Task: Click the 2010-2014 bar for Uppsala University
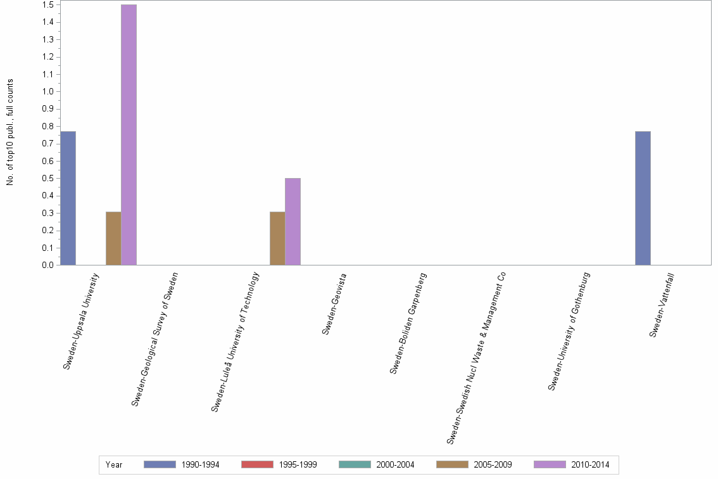pyautogui.click(x=129, y=135)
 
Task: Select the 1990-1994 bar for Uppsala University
pyautogui.click(x=68, y=198)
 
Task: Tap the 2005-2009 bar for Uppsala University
pyautogui.click(x=113, y=238)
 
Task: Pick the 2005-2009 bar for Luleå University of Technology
pyautogui.click(x=277, y=238)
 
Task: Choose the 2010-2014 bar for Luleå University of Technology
pyautogui.click(x=293, y=222)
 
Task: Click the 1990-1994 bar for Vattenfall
pyautogui.click(x=643, y=198)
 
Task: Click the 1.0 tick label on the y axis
pyautogui.click(x=47, y=92)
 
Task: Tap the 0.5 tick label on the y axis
pyautogui.click(x=47, y=179)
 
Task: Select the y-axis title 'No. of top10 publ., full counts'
pyautogui.click(x=10, y=132)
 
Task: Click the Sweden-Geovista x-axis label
pyautogui.click(x=334, y=303)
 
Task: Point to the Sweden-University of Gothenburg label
pyautogui.click(x=569, y=331)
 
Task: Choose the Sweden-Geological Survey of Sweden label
pyautogui.click(x=154, y=338)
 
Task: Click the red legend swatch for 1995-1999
pyautogui.click(x=257, y=464)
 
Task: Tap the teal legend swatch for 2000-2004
pyautogui.click(x=355, y=464)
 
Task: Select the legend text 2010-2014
pyautogui.click(x=589, y=465)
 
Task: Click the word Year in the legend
pyautogui.click(x=115, y=465)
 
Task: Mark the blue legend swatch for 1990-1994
pyautogui.click(x=160, y=464)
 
